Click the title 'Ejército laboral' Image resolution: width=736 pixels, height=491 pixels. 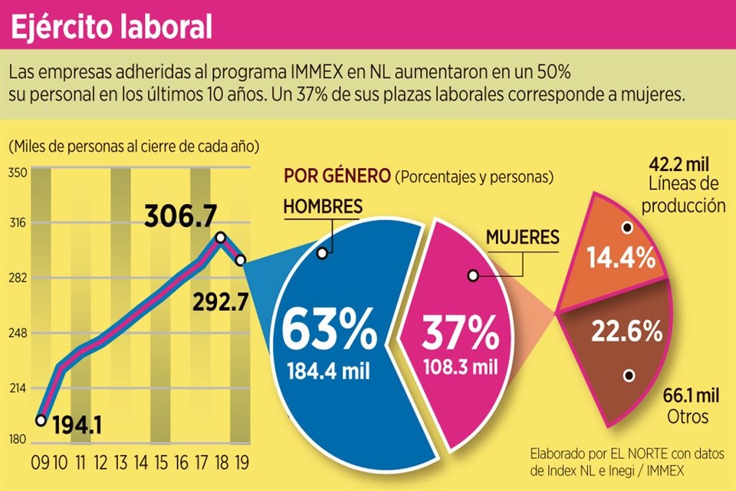(x=112, y=27)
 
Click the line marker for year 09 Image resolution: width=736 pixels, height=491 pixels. (x=41, y=420)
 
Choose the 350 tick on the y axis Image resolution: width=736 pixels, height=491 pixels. (x=18, y=173)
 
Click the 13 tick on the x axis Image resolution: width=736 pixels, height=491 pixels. (x=120, y=462)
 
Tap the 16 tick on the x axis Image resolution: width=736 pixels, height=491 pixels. (x=181, y=462)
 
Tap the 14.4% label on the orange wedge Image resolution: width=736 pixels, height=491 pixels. (x=621, y=257)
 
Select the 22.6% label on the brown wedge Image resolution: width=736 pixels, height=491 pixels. (x=626, y=331)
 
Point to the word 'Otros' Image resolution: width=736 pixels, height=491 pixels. (x=688, y=416)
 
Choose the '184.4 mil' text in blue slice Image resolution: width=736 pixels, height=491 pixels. (x=329, y=372)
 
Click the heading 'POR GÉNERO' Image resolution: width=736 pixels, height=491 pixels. (x=337, y=176)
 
